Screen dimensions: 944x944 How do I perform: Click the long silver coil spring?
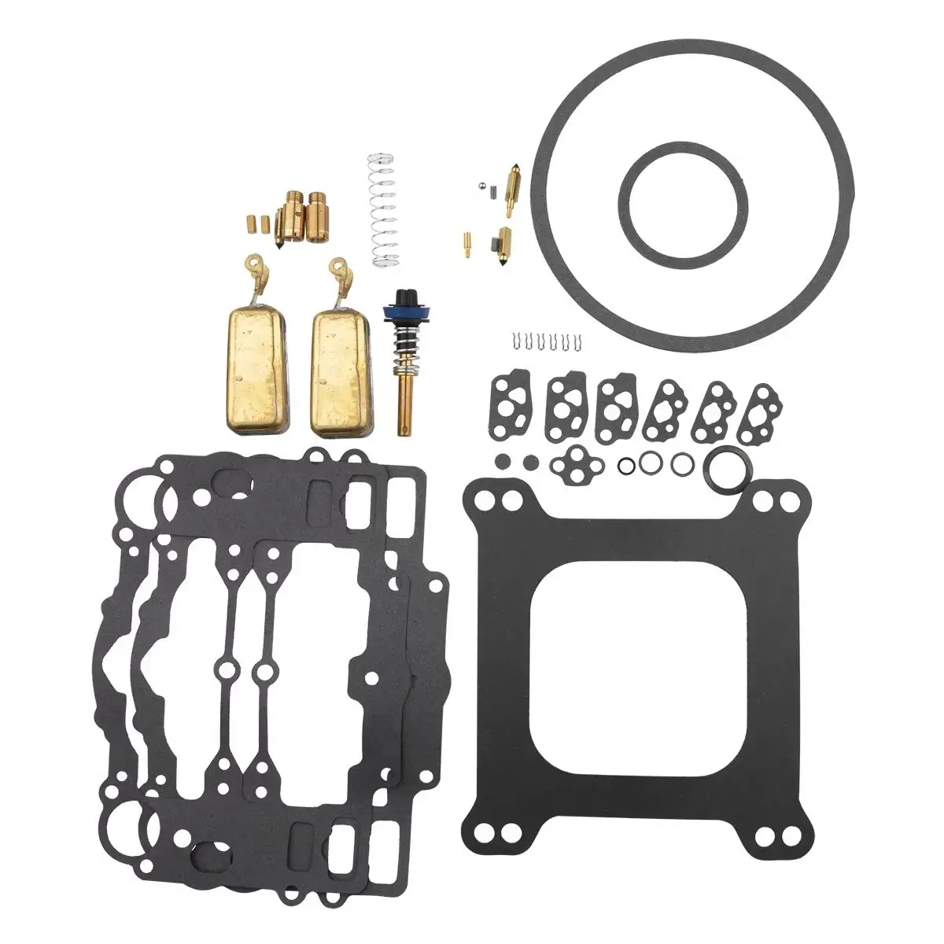pos(382,211)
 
